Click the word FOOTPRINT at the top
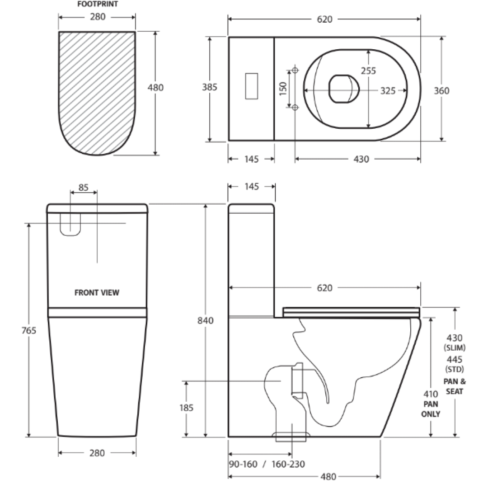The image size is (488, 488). [97, 4]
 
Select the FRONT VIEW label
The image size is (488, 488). [97, 293]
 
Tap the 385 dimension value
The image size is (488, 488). [209, 88]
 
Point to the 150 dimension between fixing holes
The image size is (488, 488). [283, 88]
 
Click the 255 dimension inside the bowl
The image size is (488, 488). [368, 71]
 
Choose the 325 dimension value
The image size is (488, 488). [387, 91]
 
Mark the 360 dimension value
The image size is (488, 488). [441, 91]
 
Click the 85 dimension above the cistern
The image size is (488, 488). [84, 187]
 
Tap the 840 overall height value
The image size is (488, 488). [206, 320]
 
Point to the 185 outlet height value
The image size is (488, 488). [186, 408]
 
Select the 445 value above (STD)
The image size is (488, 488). [455, 359]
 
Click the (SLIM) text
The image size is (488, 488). [455, 348]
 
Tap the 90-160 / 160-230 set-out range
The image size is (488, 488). [267, 464]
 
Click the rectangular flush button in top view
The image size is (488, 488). [251, 86]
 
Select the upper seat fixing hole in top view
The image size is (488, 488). [296, 70]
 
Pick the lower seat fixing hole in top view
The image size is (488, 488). [296, 107]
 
